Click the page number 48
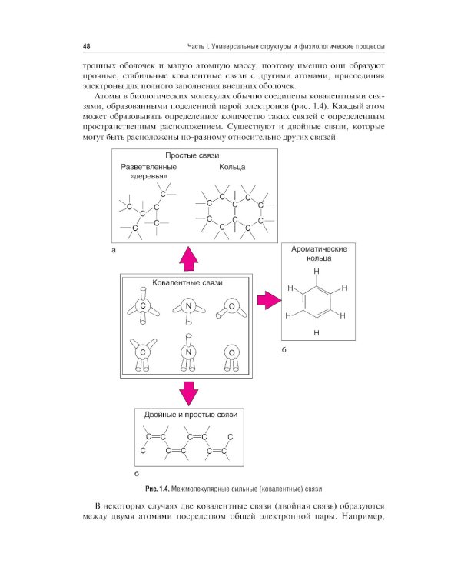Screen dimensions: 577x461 click(88, 45)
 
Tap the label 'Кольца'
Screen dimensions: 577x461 click(231, 166)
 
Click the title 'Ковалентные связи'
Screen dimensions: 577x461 click(187, 282)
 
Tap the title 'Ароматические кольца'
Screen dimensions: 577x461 click(316, 255)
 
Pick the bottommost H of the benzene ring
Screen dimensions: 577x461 click(316, 333)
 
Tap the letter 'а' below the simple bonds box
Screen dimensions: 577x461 click(114, 251)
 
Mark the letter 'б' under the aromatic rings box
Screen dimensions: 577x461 click(284, 350)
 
